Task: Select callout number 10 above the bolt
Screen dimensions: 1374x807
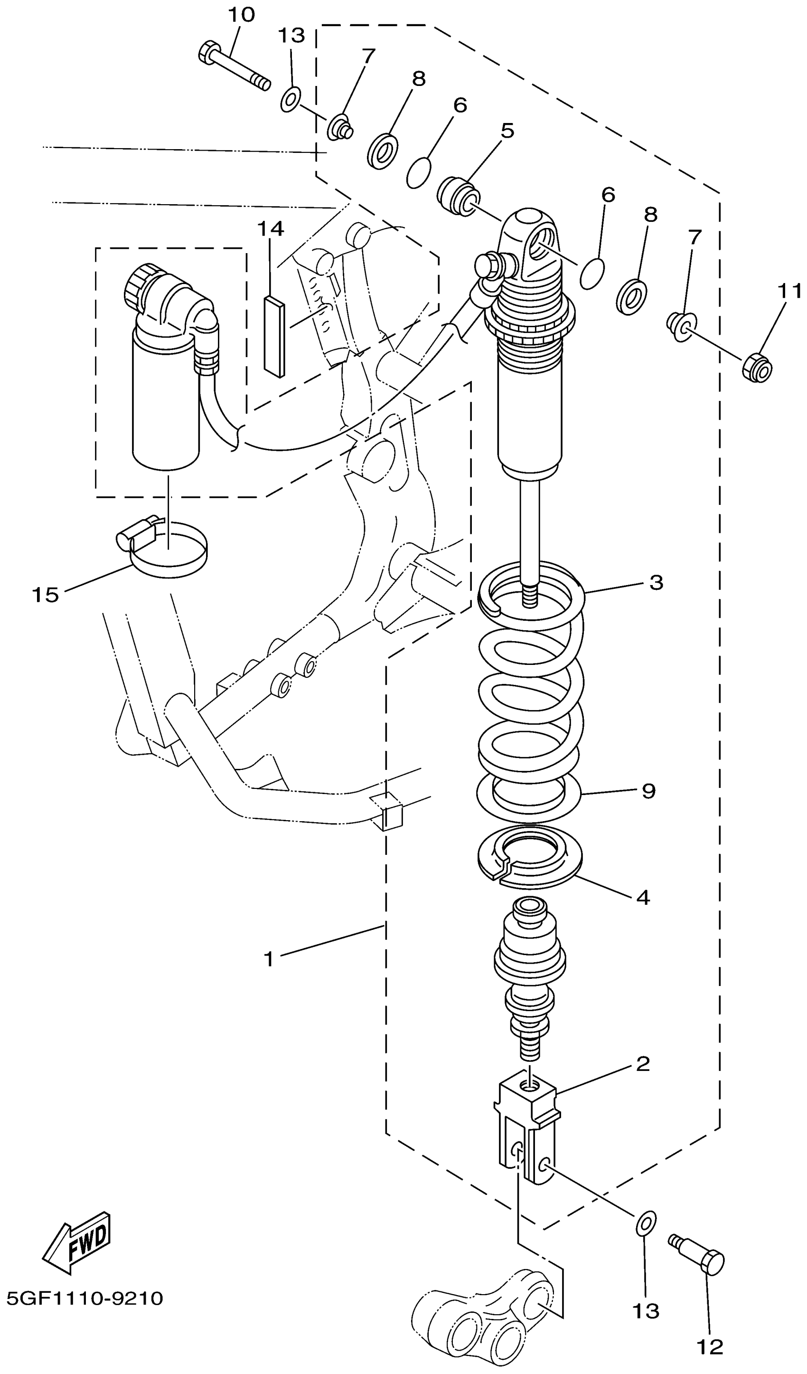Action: (241, 15)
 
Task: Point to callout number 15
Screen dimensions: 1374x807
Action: (45, 594)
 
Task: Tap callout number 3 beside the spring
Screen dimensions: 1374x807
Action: (657, 582)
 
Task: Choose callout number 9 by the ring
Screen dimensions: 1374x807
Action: (648, 791)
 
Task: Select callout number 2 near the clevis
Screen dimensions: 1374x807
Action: (643, 1063)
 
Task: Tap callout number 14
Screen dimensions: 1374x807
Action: (271, 229)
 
